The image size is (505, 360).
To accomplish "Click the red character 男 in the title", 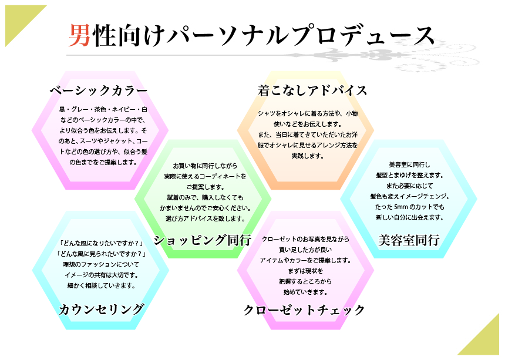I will pyautogui.click(x=78, y=36).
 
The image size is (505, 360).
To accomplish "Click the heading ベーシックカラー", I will pyautogui.click(x=98, y=90).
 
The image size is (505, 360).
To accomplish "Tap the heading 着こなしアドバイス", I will pyautogui.click(x=312, y=90).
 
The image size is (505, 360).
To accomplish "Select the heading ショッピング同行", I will pyautogui.click(x=203, y=240).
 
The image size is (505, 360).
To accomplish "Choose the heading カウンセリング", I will pyautogui.click(x=102, y=309).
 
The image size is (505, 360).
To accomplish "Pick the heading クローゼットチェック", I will pyautogui.click(x=304, y=309).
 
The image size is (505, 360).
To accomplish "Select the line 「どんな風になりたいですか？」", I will pyautogui.click(x=102, y=243).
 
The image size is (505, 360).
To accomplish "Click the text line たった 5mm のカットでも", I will pyautogui.click(x=410, y=207).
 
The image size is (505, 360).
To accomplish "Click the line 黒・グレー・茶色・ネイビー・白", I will pyautogui.click(x=103, y=109).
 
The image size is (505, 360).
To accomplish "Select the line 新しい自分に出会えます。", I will pyautogui.click(x=410, y=217).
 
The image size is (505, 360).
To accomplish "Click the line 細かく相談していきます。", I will pyautogui.click(x=102, y=285).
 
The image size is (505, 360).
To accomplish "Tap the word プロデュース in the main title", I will pyautogui.click(x=370, y=36).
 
